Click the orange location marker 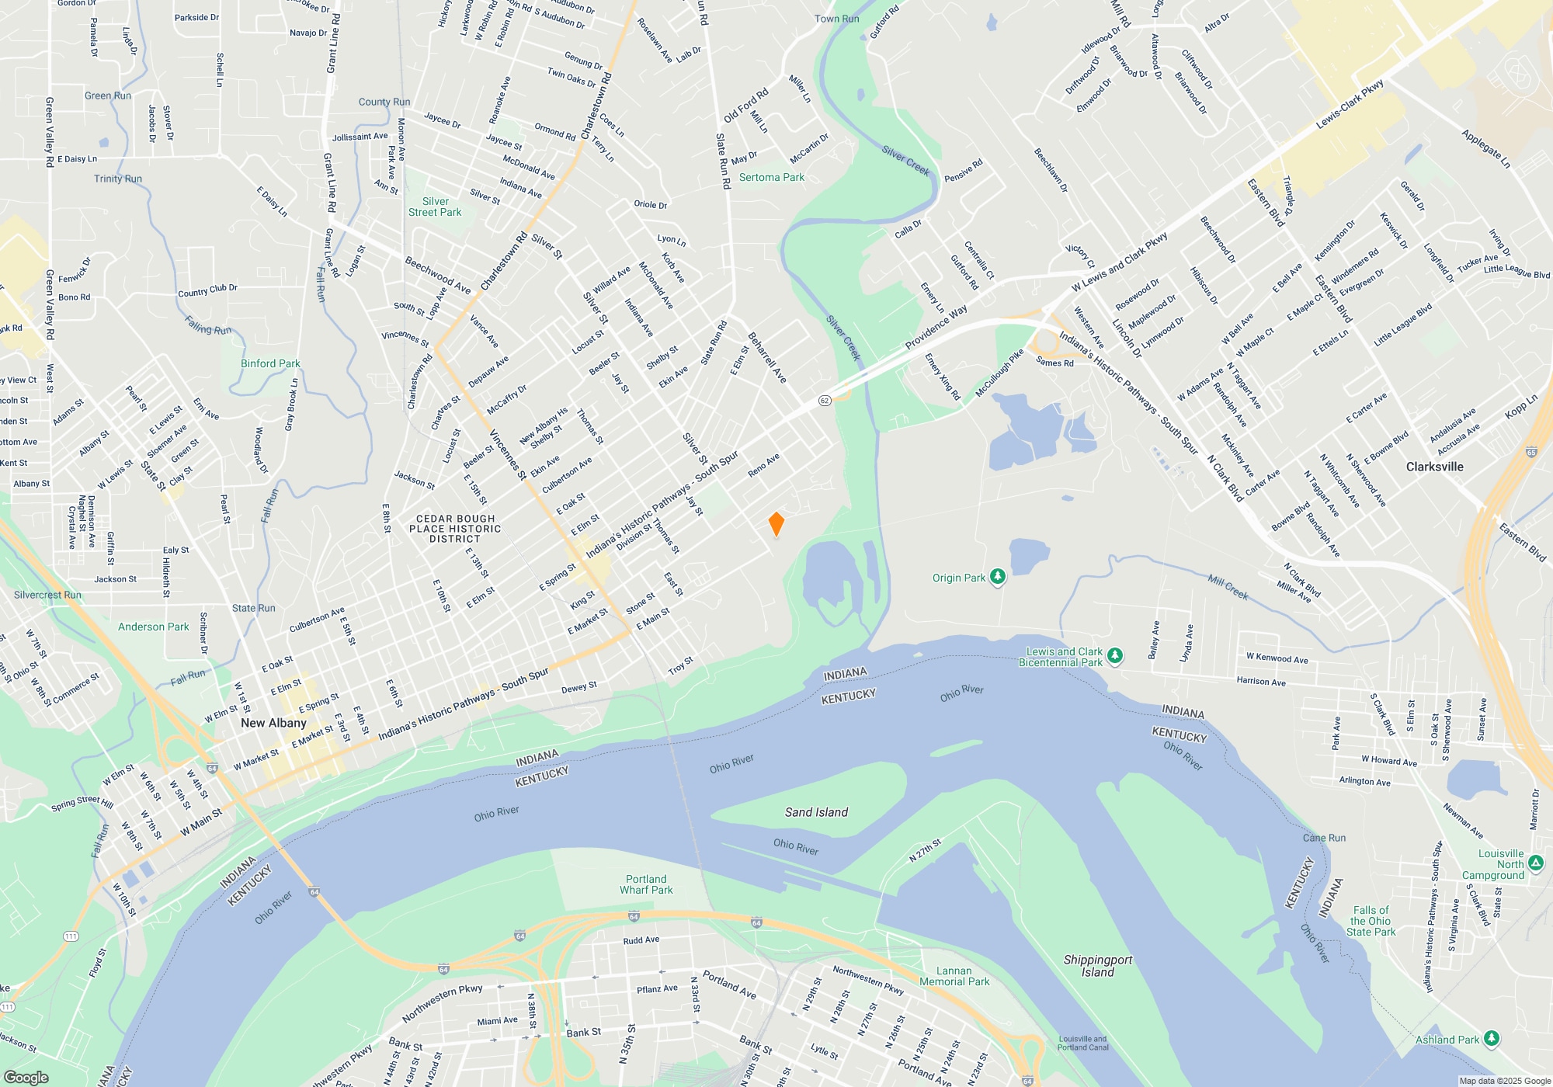click(x=776, y=524)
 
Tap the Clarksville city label click(x=1434, y=467)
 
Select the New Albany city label click(x=273, y=723)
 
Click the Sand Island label click(x=816, y=812)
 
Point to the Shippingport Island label click(x=1097, y=966)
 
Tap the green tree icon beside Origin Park click(x=998, y=577)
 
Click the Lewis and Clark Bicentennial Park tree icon click(x=1114, y=656)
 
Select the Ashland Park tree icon click(x=1490, y=1039)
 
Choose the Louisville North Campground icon click(x=1535, y=863)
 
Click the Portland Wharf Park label click(x=646, y=884)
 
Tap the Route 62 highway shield click(x=825, y=401)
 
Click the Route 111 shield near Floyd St click(x=71, y=936)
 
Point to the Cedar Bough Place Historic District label click(x=455, y=529)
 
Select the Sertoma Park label click(x=771, y=177)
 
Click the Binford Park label click(x=270, y=363)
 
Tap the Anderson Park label click(x=153, y=627)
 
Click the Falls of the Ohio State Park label click(x=1371, y=921)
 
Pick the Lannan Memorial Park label click(x=954, y=976)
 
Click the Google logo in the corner click(x=26, y=1077)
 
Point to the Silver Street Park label click(x=435, y=207)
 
